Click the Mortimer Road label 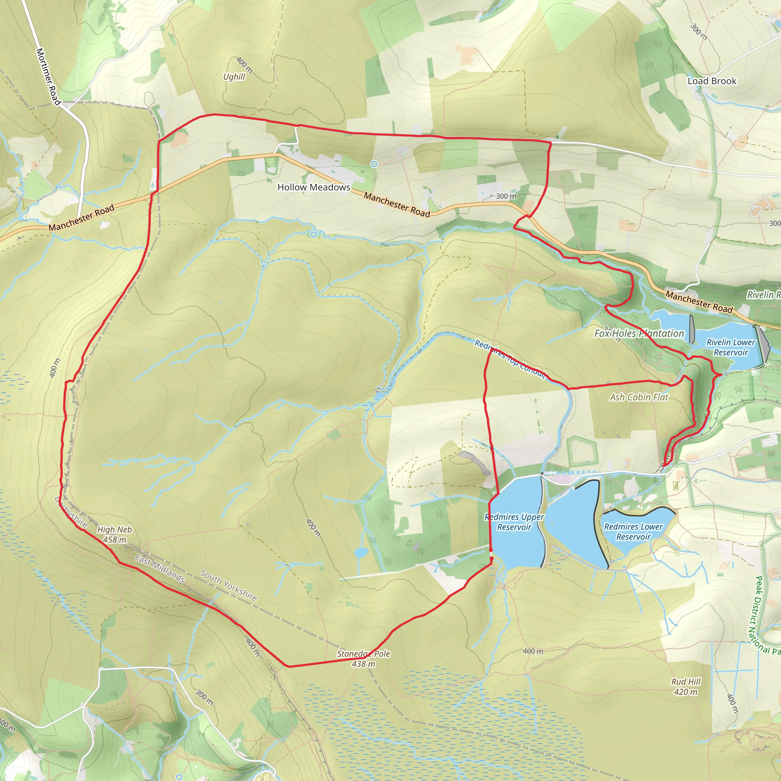click(x=48, y=76)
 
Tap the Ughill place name click(x=234, y=77)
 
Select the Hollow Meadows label click(x=314, y=187)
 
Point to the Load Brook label click(x=712, y=81)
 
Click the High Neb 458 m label click(x=114, y=534)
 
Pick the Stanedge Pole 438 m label click(x=363, y=659)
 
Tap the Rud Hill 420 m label click(x=686, y=686)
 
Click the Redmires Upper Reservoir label click(x=514, y=522)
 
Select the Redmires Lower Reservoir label click(x=633, y=532)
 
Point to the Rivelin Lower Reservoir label click(x=730, y=347)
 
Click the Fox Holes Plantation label click(x=639, y=334)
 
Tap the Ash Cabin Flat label click(x=639, y=397)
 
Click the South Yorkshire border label click(x=229, y=585)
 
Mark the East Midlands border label click(x=160, y=569)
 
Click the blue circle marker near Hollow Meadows click(x=374, y=164)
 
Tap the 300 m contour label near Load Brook click(x=699, y=32)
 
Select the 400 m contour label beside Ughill click(x=244, y=65)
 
